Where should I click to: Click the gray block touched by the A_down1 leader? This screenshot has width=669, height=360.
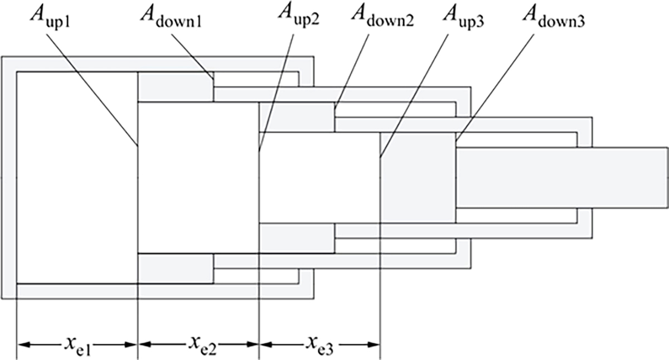tap(176, 87)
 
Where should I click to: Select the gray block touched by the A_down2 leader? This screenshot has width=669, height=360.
tap(297, 118)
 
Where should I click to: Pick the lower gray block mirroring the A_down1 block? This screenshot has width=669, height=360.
tap(176, 268)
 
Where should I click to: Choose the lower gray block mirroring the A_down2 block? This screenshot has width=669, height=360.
tap(297, 238)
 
